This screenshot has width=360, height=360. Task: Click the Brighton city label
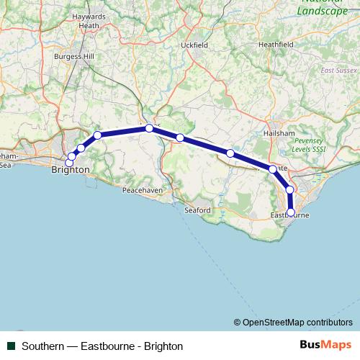pos(71,170)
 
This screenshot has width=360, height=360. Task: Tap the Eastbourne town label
pos(289,215)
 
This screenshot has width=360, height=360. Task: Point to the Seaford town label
pos(197,210)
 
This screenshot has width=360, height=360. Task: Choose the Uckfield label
pos(194,45)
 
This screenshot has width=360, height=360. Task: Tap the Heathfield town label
pos(276,44)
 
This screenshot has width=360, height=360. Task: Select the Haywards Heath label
pos(89,21)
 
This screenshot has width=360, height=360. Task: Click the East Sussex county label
pos(336,70)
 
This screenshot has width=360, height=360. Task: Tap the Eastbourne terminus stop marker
pos(291,212)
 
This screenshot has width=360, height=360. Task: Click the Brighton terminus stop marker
pos(69,163)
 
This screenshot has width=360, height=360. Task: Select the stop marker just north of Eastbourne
pos(289,190)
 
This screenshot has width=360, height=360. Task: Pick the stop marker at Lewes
pos(149,128)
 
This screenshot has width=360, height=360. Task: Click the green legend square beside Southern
pos(12,346)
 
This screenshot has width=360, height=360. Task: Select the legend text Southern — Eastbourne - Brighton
pos(102,346)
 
